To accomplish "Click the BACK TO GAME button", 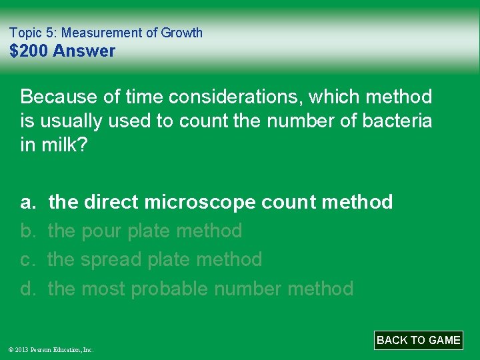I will tap(418, 340).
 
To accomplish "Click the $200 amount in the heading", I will tap(29, 51).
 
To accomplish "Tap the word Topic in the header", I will tap(24, 32).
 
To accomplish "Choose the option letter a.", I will tap(27, 201).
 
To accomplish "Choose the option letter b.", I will tap(27, 231).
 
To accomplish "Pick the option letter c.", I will tap(27, 259).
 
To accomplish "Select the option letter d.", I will tap(27, 289).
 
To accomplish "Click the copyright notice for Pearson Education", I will tap(51, 349).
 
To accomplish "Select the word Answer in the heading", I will tap(84, 51).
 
